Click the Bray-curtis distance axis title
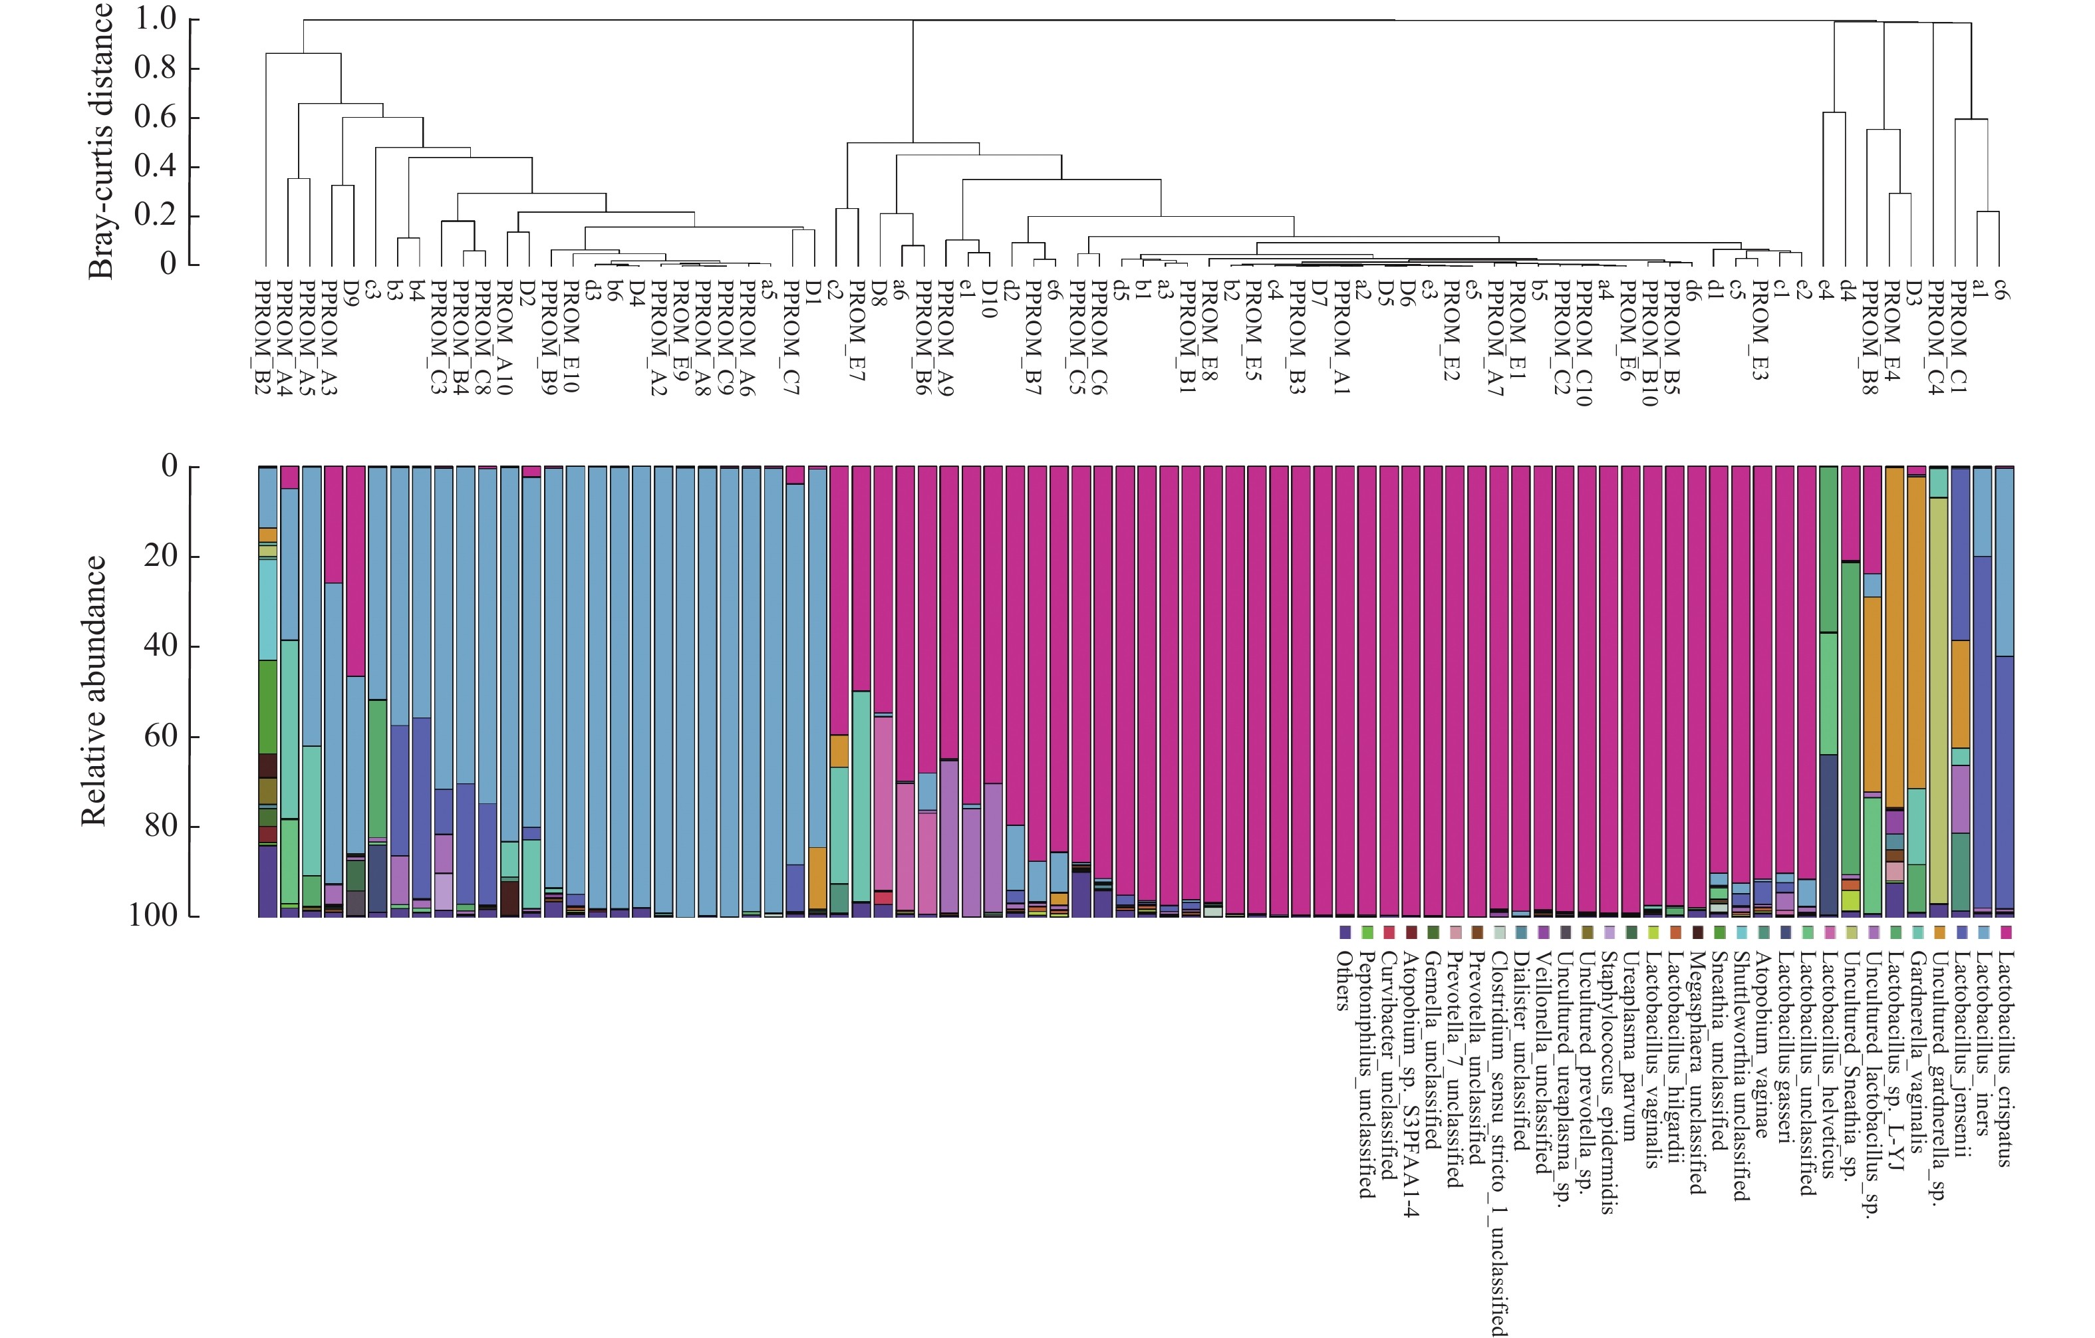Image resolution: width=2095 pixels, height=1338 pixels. pyautogui.click(x=102, y=141)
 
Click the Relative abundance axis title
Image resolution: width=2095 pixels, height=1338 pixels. pyautogui.click(x=94, y=691)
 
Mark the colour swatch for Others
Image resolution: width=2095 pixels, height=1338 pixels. pyautogui.click(x=1344, y=932)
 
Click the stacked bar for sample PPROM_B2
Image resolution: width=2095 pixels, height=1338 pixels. pyautogui.click(x=268, y=691)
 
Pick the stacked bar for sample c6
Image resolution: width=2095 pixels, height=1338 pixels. pyautogui.click(x=2005, y=691)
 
